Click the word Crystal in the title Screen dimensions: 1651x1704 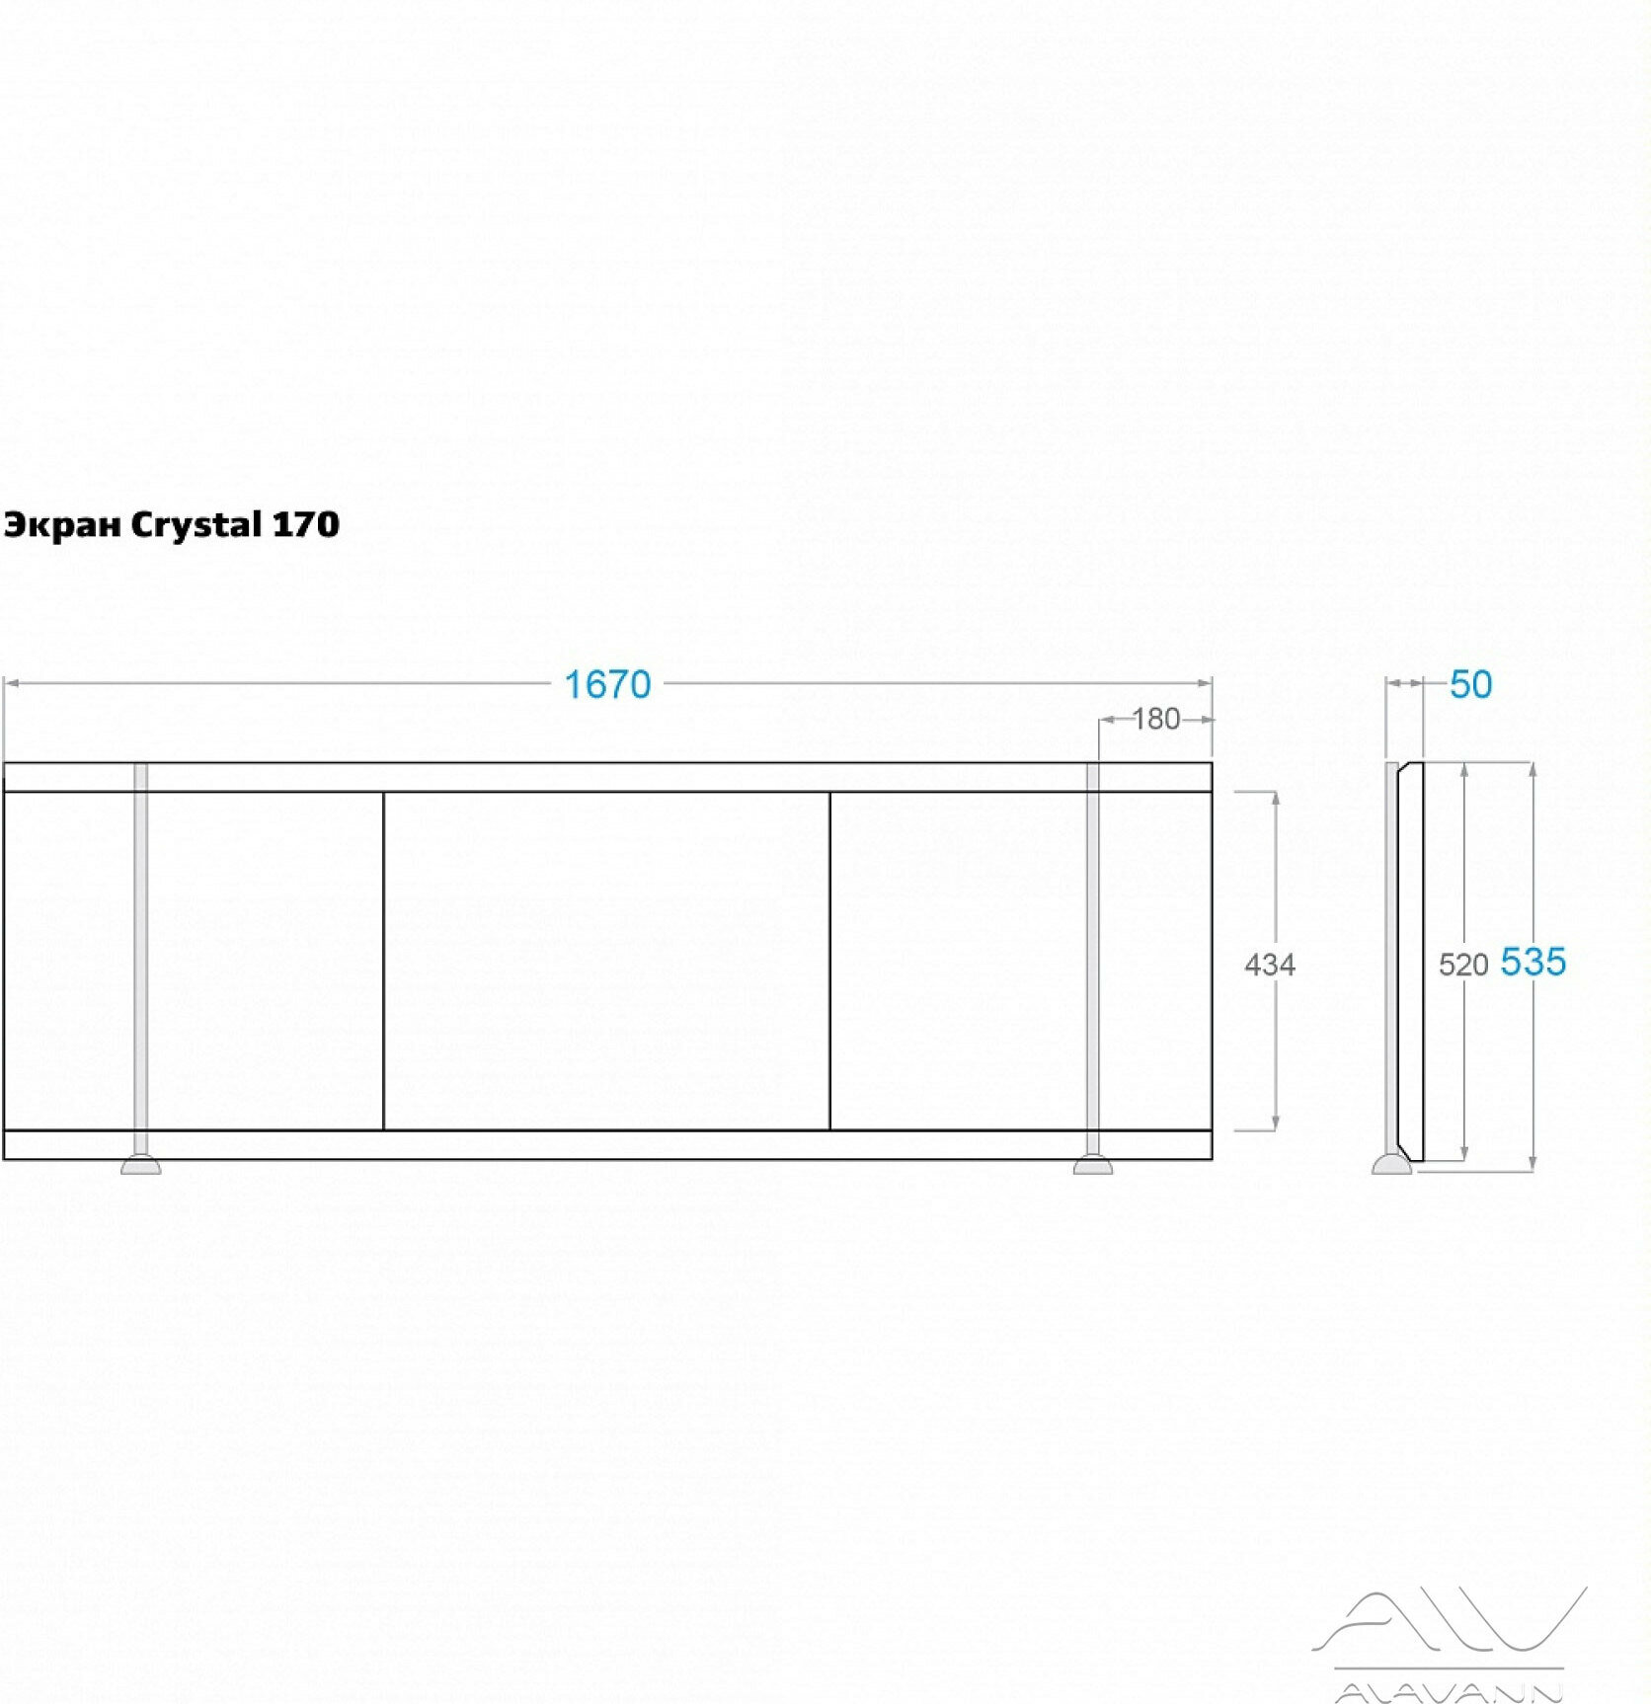click(195, 525)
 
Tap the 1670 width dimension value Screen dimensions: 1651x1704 click(607, 684)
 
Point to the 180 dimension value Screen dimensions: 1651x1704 click(1155, 719)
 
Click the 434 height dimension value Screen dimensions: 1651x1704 click(1269, 964)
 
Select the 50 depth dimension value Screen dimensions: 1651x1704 click(1470, 684)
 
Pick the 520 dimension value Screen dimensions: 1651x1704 click(1462, 965)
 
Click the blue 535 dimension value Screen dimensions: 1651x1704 click(1533, 962)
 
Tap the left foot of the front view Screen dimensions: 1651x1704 click(140, 1165)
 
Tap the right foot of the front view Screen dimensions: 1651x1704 click(1093, 1165)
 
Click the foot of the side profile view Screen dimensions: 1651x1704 click(1390, 1165)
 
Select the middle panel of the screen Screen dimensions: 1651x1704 click(605, 961)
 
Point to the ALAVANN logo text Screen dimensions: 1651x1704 click(1450, 1692)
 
